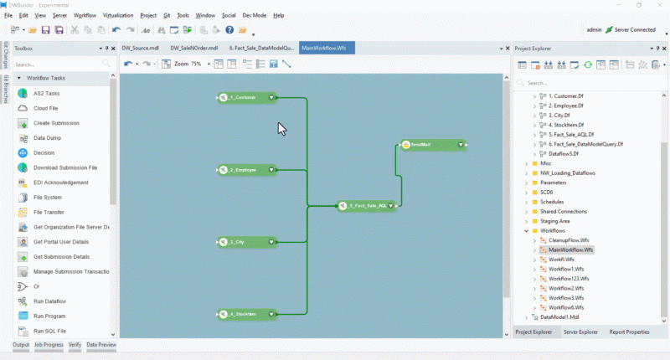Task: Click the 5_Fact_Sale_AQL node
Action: [x=367, y=205]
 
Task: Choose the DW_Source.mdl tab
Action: [x=140, y=49]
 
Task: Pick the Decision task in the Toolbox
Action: [x=44, y=153]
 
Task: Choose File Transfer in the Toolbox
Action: [x=49, y=212]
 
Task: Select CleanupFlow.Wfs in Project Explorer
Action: [x=569, y=239]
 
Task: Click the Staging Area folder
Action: [x=556, y=220]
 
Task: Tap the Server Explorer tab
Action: [x=580, y=332]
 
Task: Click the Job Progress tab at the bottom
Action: [x=49, y=345]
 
